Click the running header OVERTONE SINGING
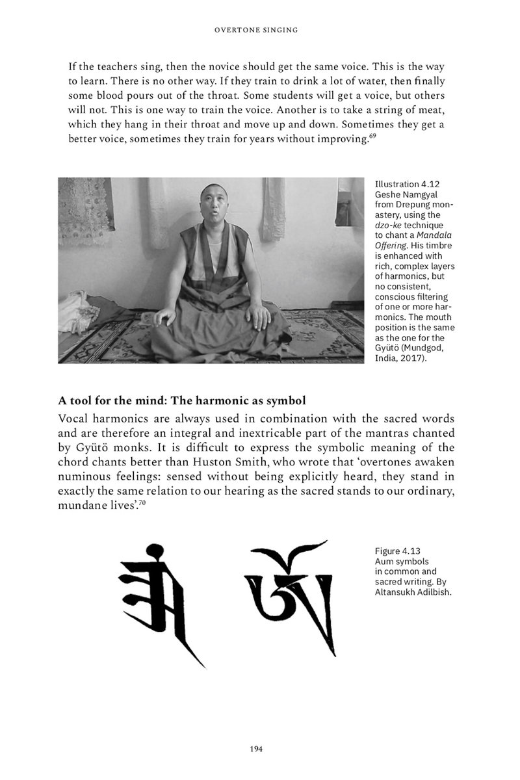point(259,29)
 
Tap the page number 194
point(255,749)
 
